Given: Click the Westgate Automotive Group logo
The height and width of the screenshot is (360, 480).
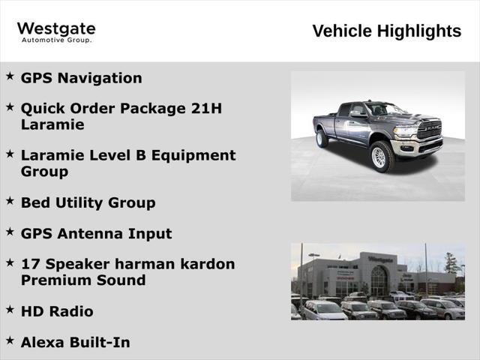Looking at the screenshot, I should point(56,31).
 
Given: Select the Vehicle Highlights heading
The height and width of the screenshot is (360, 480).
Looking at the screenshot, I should point(386,31).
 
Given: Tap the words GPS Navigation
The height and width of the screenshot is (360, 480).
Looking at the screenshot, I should point(81,78).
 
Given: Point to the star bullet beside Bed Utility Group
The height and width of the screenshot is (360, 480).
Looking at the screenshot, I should point(10,200).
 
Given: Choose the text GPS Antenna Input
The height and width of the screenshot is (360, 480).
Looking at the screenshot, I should point(96,233).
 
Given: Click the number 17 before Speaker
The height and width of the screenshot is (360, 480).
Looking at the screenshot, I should point(29,264).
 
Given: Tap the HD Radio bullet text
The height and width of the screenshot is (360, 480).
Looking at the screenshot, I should point(57,311).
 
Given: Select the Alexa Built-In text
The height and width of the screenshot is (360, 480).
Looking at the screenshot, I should point(75,343).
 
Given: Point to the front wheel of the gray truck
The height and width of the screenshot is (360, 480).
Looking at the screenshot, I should point(382,157).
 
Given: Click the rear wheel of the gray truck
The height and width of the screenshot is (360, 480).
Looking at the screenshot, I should point(322,139).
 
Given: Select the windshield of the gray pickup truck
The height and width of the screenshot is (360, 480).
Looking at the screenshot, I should point(385,109).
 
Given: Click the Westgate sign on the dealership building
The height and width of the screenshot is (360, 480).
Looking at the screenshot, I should point(380,259).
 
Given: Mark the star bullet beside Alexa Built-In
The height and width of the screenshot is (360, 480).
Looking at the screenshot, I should point(10,340).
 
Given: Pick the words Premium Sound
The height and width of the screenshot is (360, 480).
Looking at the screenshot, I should point(83,280).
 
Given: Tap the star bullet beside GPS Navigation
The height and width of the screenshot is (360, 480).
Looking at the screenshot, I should point(10,76).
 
